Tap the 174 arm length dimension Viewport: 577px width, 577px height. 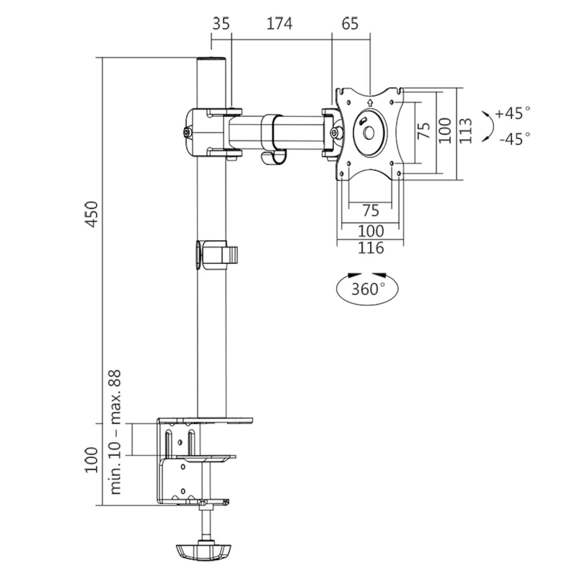pos(279,23)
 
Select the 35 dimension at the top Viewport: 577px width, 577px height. pos(221,23)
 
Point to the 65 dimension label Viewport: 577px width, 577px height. pos(350,23)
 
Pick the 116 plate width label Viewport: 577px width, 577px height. pos(371,248)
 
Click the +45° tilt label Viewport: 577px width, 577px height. pos(513,113)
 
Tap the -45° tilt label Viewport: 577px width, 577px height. pos(514,139)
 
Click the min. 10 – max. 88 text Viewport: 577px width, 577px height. pos(116,432)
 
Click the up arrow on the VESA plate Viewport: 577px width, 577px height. pos(370,101)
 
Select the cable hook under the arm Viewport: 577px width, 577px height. pos(273,158)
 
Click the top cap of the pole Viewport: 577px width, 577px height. pos(212,60)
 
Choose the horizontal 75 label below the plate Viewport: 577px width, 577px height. pos(371,211)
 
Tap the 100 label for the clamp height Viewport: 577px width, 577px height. pos(91,460)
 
